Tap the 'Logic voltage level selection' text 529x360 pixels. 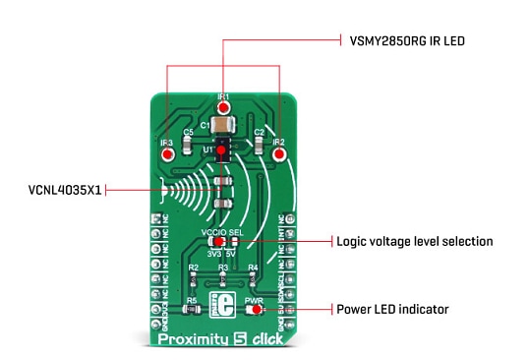[x=414, y=241]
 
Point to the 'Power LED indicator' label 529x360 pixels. [x=392, y=309]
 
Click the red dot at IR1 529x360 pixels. [x=223, y=107]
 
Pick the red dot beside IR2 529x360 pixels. [x=278, y=152]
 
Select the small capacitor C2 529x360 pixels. [x=259, y=145]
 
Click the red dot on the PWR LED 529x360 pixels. [x=256, y=309]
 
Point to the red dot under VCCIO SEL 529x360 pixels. [x=220, y=242]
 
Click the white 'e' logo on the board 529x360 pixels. [x=222, y=305]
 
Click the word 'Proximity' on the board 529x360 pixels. [x=191, y=340]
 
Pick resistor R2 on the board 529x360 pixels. [x=194, y=277]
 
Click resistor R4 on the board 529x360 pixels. [x=253, y=277]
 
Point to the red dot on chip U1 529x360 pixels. [x=223, y=150]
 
